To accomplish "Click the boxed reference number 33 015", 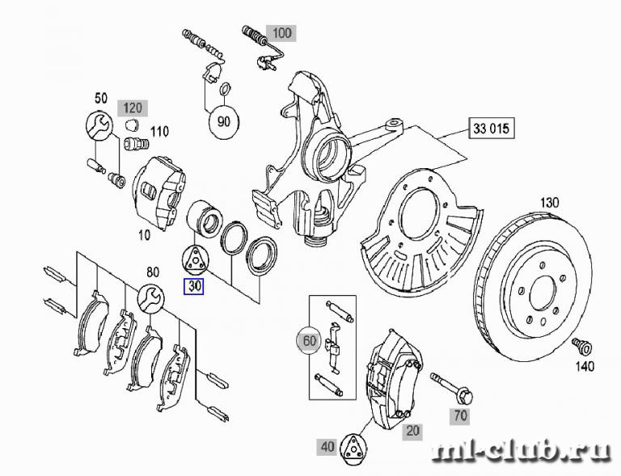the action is (x=492, y=128).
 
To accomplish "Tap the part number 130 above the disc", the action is (x=550, y=203).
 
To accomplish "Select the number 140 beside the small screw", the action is (x=585, y=366).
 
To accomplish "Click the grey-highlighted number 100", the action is (x=281, y=32).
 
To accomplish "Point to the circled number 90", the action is (x=224, y=121).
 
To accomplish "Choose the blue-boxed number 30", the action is (x=194, y=285).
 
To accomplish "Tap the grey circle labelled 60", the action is (x=310, y=340).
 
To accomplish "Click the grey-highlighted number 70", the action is (x=460, y=415).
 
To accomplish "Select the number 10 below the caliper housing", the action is (x=145, y=235).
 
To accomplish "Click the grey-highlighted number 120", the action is (x=133, y=107).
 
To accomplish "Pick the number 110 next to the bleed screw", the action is (x=159, y=132).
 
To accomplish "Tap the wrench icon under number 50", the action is (x=99, y=125).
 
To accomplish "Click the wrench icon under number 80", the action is (x=151, y=297).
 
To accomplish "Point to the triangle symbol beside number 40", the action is (x=353, y=448).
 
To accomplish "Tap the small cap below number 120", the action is (x=131, y=124).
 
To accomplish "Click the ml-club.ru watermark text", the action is (x=522, y=451).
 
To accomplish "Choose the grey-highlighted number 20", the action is (x=412, y=431).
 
